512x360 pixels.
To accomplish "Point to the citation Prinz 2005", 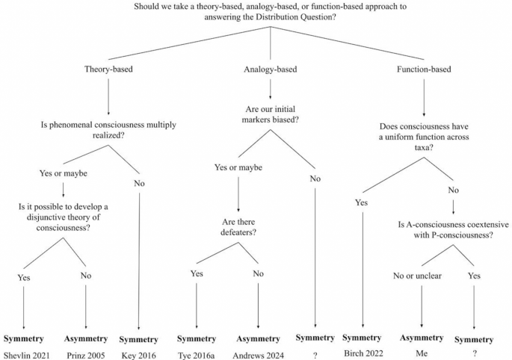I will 86,355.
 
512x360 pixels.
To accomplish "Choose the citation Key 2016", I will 139,355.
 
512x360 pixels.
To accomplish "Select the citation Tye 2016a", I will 197,355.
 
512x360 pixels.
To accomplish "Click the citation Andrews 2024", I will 259,355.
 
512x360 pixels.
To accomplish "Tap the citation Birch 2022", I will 363,352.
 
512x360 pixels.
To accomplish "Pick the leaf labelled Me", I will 422,355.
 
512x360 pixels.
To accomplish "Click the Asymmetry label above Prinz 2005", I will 86,338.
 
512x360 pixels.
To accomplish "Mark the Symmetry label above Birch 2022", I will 363,338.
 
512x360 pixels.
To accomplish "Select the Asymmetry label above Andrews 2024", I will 259,338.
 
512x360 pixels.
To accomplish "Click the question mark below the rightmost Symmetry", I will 475,355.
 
